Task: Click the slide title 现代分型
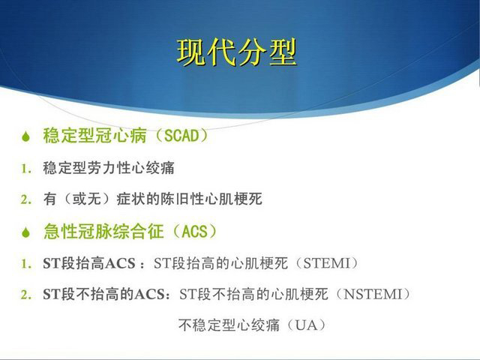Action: [237, 52]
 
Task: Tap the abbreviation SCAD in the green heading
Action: [181, 136]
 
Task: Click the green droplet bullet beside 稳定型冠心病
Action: [25, 136]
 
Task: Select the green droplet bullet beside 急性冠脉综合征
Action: [25, 232]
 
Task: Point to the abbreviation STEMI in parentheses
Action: [326, 263]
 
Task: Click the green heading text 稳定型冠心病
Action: [95, 136]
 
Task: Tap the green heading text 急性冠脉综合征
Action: [103, 231]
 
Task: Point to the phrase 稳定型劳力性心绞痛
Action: [109, 168]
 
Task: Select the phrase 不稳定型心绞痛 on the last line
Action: [229, 325]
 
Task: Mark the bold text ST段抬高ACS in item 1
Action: [89, 263]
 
